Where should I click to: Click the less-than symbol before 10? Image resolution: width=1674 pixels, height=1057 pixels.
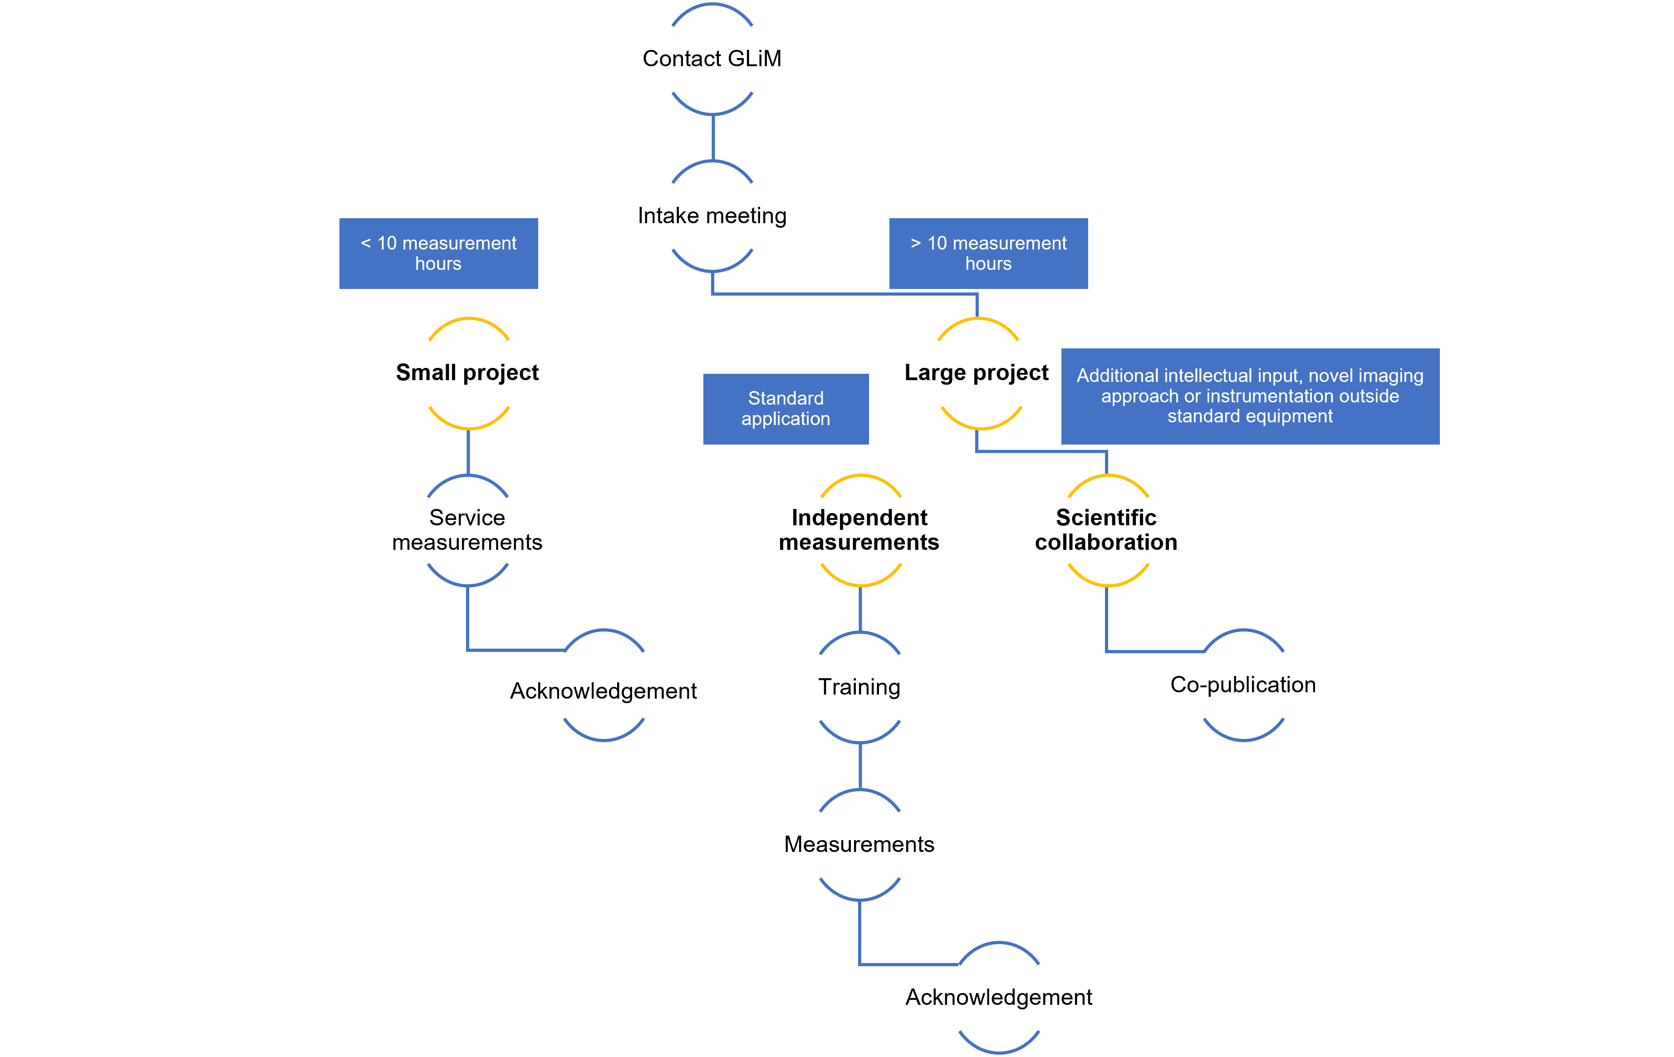tap(366, 243)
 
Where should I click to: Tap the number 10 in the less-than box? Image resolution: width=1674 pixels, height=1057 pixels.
tap(387, 243)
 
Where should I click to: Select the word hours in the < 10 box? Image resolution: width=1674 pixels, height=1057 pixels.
tap(438, 264)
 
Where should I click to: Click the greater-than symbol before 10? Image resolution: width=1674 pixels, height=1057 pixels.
tap(916, 243)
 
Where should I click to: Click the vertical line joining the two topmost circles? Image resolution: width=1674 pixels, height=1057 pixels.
tap(713, 137)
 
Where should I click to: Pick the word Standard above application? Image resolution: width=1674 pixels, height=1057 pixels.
tap(785, 398)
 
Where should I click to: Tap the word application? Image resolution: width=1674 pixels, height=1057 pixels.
tap(785, 419)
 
